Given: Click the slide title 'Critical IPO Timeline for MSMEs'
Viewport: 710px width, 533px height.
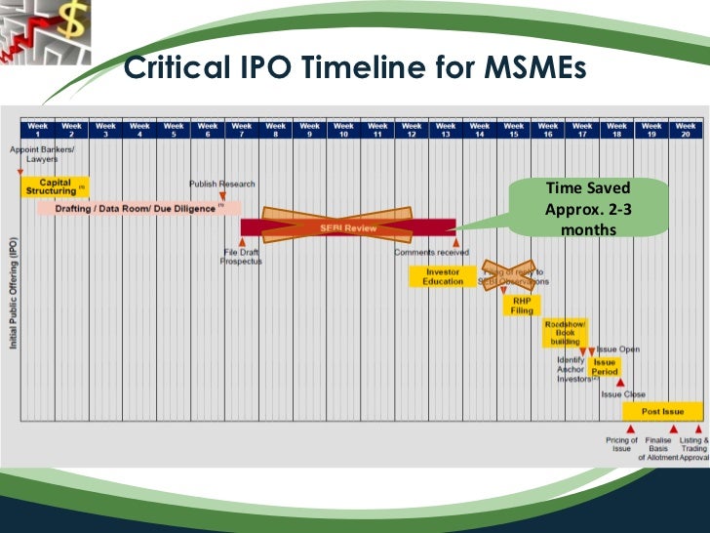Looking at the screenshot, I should (355, 70).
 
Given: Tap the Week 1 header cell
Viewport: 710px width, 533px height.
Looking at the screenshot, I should (37, 130).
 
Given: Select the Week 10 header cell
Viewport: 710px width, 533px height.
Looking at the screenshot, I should (343, 130).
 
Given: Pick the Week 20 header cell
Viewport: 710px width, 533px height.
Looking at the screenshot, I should (686, 130).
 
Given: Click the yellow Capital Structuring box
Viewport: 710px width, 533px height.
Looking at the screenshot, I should (54, 186).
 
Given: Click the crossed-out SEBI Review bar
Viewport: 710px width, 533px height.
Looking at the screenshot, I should (348, 227).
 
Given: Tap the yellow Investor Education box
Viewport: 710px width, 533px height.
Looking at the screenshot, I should (444, 276).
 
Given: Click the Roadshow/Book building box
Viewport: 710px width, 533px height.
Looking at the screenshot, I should (564, 333).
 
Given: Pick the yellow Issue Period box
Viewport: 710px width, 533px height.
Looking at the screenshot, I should (605, 367).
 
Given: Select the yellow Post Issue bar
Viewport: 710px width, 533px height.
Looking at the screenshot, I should (663, 412).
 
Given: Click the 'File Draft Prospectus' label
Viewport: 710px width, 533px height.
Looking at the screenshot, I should (241, 257).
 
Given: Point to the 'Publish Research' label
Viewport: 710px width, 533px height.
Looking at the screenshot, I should (221, 184).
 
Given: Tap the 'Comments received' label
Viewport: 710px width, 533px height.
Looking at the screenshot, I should (431, 252).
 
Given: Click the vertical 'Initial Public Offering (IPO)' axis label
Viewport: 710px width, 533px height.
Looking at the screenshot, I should (14, 294).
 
